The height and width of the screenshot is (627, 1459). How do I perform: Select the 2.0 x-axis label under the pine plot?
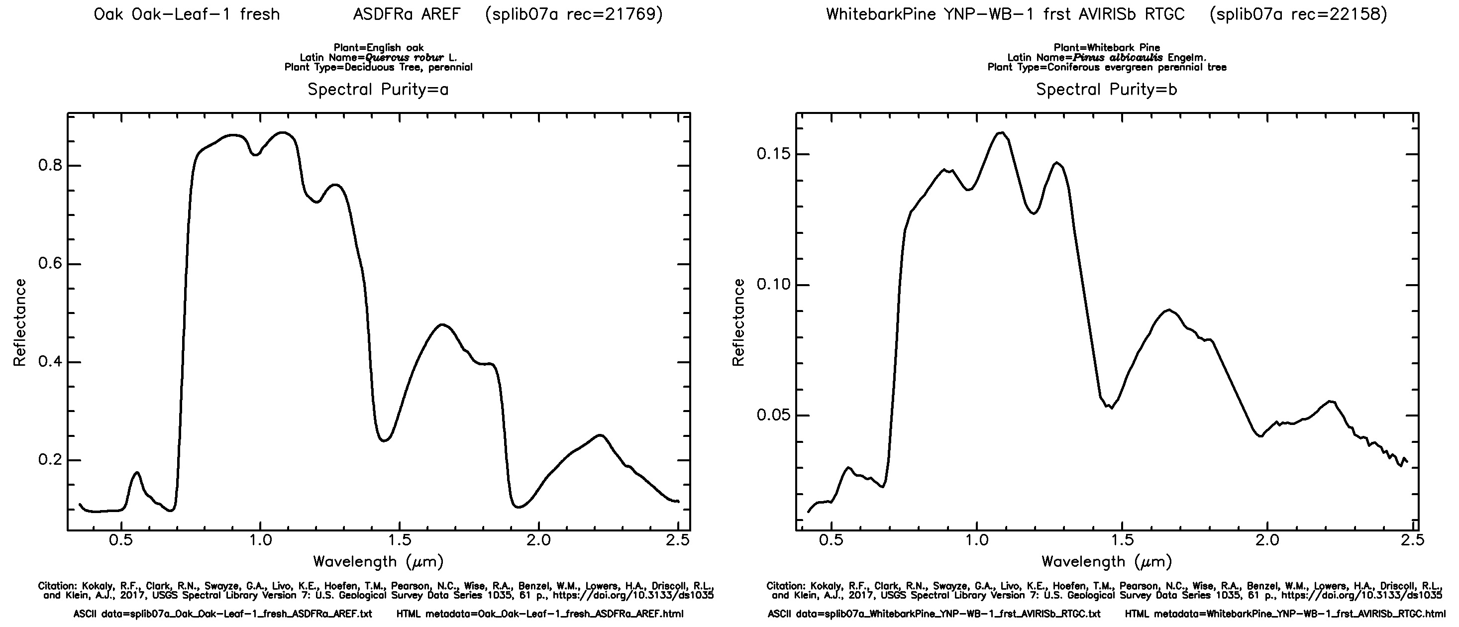[1267, 540]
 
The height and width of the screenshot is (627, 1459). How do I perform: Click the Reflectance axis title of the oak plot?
[20, 323]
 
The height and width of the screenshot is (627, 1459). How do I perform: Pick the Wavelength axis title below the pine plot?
[1106, 562]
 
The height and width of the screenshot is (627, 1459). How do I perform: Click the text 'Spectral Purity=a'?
[378, 90]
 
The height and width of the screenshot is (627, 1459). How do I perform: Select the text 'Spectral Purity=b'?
[1106, 90]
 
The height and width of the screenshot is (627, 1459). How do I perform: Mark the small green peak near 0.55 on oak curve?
[136, 472]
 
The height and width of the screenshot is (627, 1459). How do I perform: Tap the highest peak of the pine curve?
[1001, 132]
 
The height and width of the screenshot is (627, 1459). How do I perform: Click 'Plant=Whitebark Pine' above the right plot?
[1107, 48]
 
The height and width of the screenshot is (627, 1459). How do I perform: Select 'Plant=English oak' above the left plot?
[378, 48]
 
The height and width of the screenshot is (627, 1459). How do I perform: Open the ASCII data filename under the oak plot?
[222, 614]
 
